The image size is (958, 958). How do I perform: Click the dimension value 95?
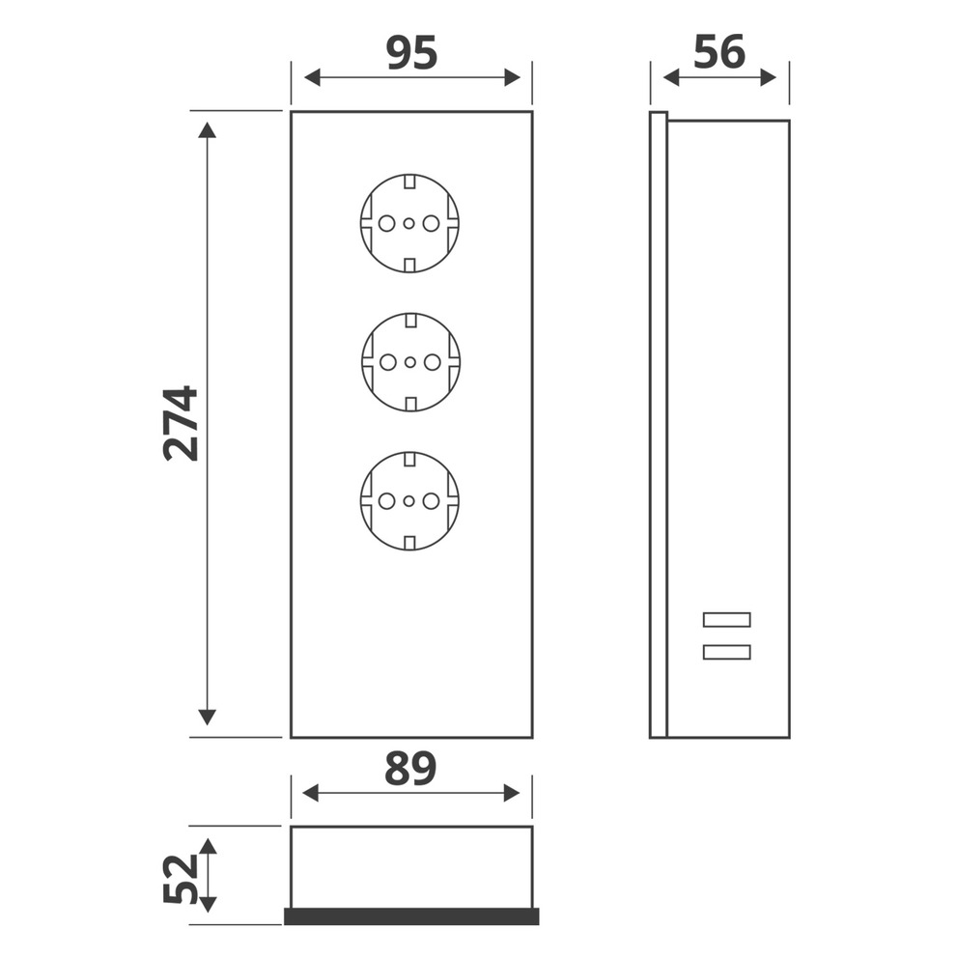pyautogui.click(x=411, y=52)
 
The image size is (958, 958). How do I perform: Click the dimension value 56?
pyautogui.click(x=719, y=52)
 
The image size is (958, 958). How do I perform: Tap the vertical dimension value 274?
pyautogui.click(x=181, y=423)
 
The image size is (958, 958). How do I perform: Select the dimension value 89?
pyautogui.click(x=410, y=769)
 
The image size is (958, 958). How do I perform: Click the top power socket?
pyautogui.click(x=409, y=223)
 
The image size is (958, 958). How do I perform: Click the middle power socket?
pyautogui.click(x=409, y=362)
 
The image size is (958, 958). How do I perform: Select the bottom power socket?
pyautogui.click(x=409, y=500)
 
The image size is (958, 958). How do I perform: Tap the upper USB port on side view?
pyautogui.click(x=727, y=620)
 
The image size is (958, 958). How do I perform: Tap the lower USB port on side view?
pyautogui.click(x=727, y=652)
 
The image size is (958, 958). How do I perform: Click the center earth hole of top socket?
pyautogui.click(x=409, y=224)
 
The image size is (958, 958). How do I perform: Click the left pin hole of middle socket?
pyautogui.click(x=388, y=363)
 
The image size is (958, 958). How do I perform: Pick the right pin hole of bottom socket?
pyautogui.click(x=431, y=501)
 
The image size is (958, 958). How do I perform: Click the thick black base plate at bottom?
pyautogui.click(x=411, y=916)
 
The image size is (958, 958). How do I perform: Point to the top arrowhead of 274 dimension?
pyautogui.click(x=207, y=129)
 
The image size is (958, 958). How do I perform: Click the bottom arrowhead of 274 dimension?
pyautogui.click(x=207, y=717)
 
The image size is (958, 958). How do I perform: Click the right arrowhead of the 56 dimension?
pyautogui.click(x=769, y=78)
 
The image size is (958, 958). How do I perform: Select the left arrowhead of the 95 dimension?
pyautogui.click(x=312, y=78)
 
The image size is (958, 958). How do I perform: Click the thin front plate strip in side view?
pyautogui.click(x=658, y=425)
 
